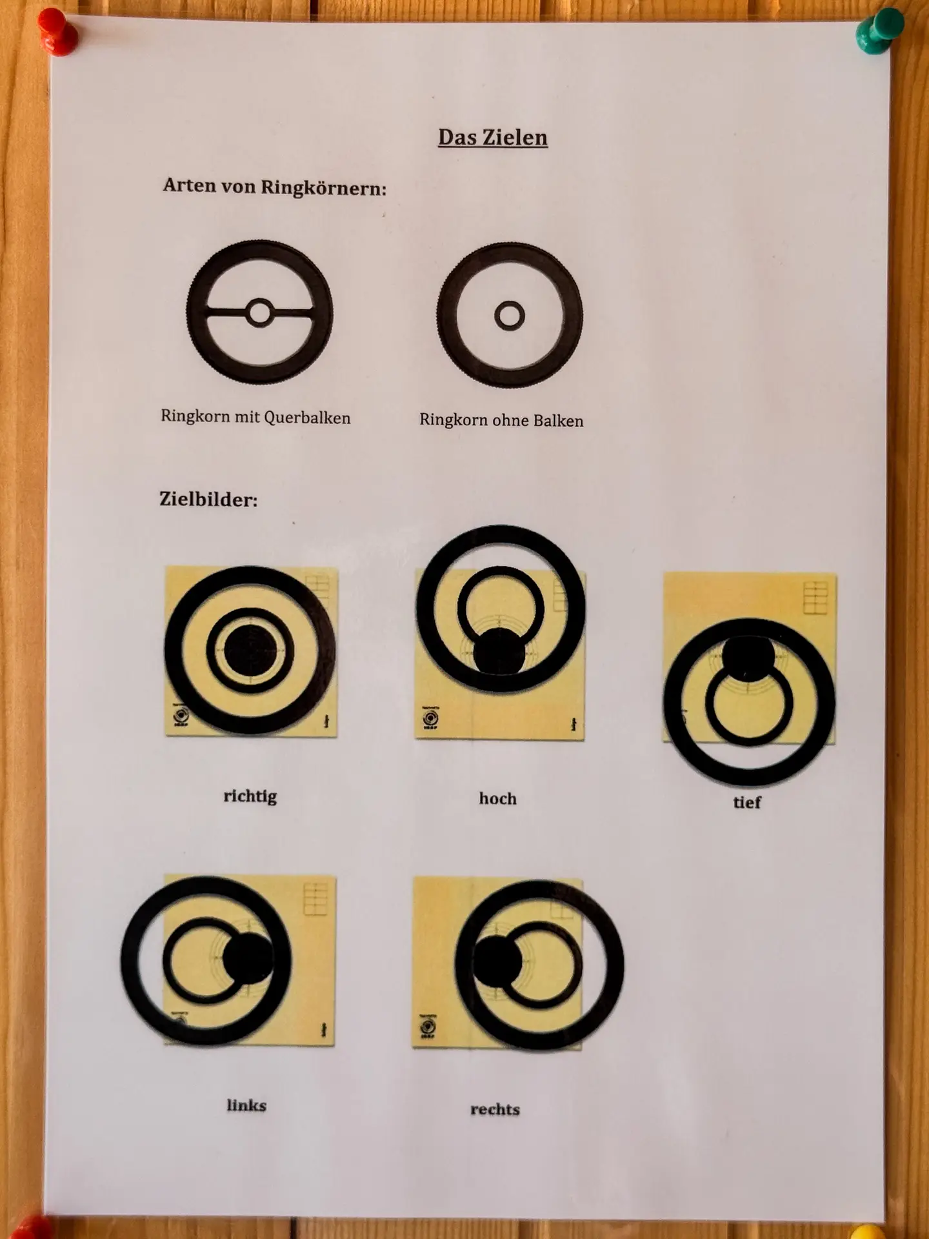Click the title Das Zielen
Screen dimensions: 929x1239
tap(493, 137)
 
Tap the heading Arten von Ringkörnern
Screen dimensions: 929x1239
tap(275, 187)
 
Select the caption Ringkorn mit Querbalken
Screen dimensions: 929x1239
tap(255, 417)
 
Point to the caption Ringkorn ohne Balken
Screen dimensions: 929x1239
tap(501, 420)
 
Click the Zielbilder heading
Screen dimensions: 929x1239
tap(208, 499)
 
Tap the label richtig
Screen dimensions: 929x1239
tap(250, 796)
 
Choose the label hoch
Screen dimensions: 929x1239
tap(497, 798)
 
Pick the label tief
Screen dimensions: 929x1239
tap(747, 802)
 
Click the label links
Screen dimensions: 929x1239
tap(246, 1105)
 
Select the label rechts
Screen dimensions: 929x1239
tap(495, 1109)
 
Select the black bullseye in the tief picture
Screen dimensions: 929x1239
tap(748, 658)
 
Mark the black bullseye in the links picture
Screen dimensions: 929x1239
tap(248, 958)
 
